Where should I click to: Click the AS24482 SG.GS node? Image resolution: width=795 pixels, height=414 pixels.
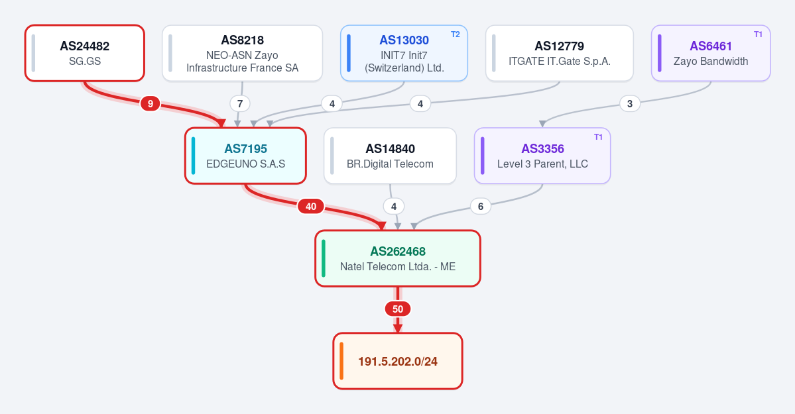pos(85,53)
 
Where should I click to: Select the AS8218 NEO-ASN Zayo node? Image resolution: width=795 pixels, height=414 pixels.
pos(243,53)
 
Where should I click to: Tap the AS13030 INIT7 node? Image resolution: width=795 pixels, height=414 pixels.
pos(404,53)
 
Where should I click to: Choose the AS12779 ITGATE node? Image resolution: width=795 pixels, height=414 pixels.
pos(559,53)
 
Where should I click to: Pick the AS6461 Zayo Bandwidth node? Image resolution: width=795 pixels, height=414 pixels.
pos(711,53)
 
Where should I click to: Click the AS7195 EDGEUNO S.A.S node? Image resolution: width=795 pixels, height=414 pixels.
pos(245,156)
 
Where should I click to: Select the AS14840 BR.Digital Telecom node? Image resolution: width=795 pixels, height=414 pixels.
pos(390,156)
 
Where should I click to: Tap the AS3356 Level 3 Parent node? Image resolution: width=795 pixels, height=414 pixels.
pos(542,156)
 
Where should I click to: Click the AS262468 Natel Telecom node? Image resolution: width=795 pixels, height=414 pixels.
pos(398,258)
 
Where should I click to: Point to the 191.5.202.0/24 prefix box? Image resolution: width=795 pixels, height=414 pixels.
pos(398,361)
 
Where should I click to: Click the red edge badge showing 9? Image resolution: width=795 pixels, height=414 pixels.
pos(150,104)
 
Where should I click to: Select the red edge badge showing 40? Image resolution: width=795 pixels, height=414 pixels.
pos(311,206)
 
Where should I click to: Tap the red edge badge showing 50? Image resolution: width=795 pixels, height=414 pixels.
pos(398,309)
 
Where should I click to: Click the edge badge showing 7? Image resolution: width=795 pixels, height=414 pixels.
pos(240,104)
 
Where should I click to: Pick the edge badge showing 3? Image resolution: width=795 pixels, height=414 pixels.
pos(630,104)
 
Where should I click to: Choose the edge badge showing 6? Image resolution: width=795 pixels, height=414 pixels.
pos(481,206)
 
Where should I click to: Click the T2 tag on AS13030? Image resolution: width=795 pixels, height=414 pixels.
pos(456,34)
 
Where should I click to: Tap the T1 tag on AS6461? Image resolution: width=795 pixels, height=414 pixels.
pos(758,34)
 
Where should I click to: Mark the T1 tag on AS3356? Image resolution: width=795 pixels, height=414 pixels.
pos(598,137)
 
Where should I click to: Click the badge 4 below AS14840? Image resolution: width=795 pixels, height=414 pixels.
pos(394,206)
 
